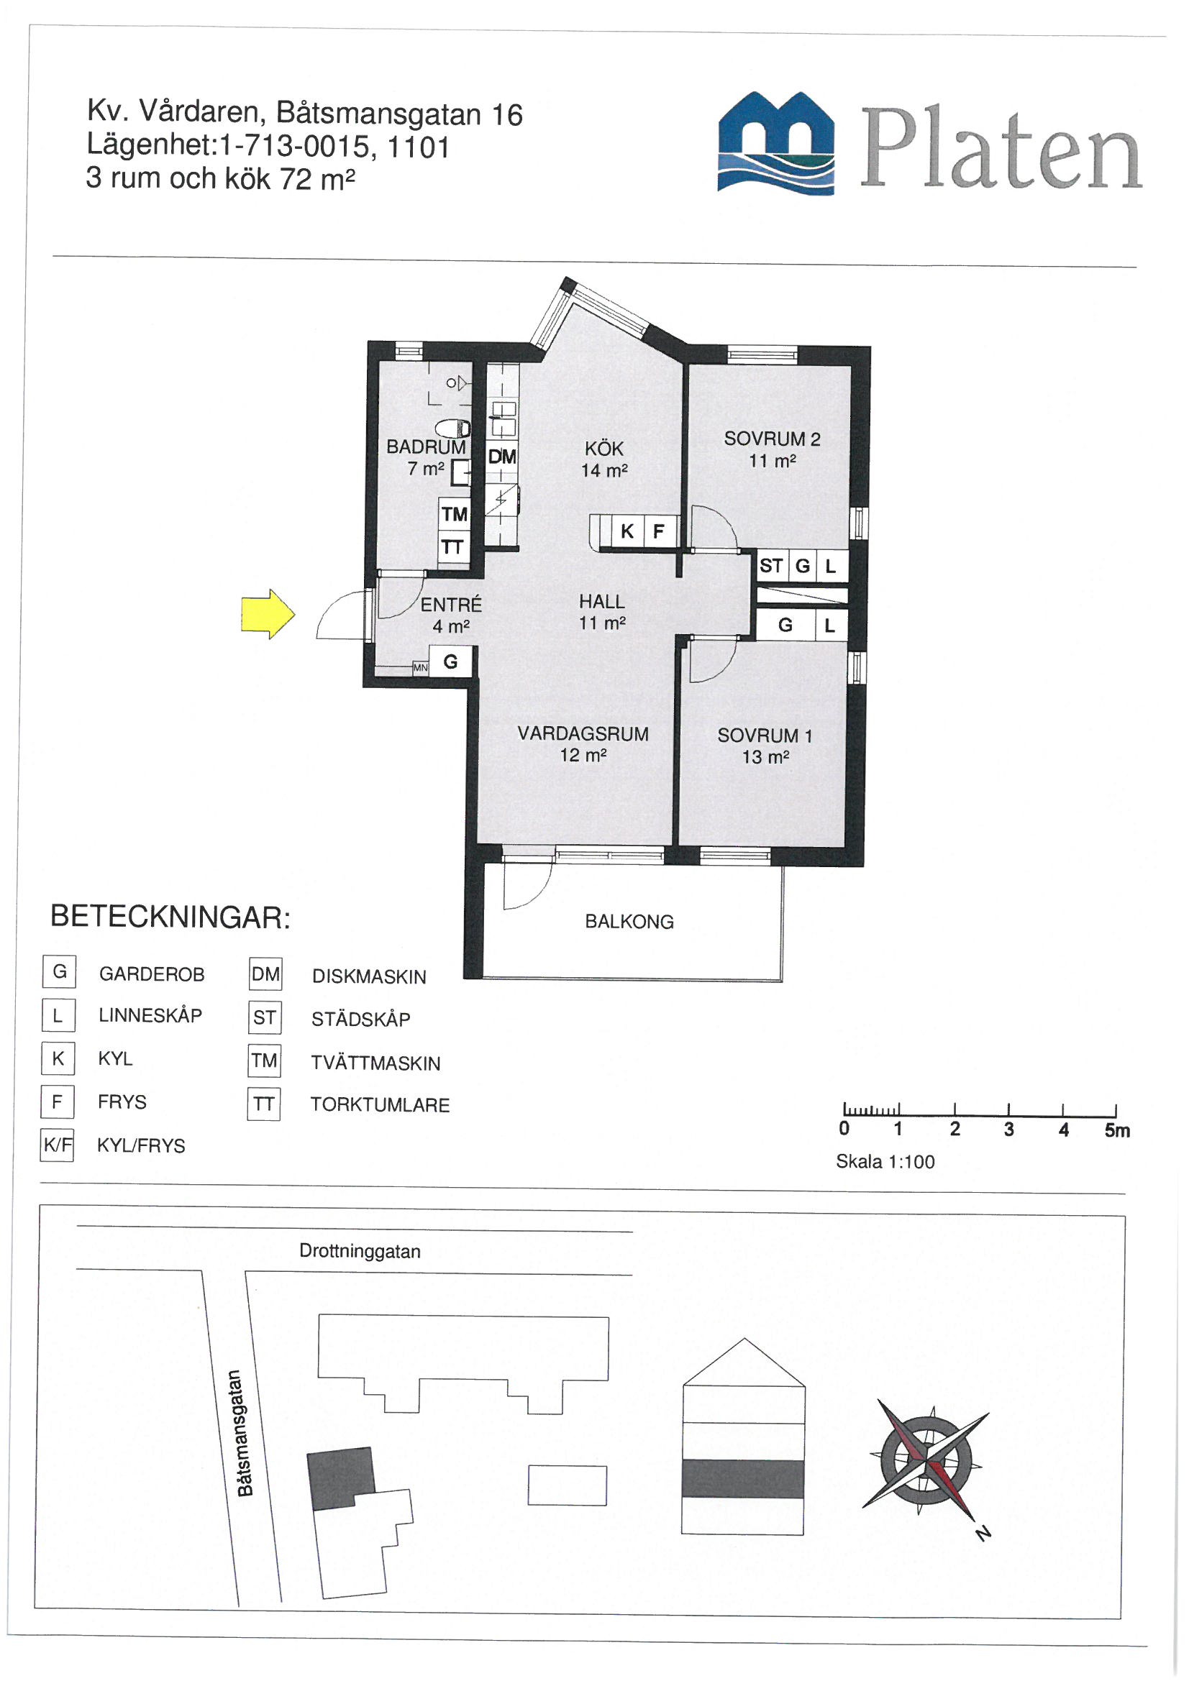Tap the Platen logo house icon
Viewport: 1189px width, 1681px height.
776,144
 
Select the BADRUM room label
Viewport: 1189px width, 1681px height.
426,446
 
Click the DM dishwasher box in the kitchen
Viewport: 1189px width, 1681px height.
502,457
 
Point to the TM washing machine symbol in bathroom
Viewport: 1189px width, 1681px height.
454,514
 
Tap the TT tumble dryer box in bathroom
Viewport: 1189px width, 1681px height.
452,547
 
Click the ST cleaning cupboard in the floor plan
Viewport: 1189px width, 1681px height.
770,565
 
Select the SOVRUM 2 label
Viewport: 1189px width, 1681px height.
771,439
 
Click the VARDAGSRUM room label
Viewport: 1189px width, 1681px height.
583,733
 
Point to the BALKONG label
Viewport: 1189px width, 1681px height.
629,922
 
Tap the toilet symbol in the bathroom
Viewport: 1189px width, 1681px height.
451,429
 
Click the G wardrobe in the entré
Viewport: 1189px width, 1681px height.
450,662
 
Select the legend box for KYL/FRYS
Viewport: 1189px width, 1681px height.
57,1145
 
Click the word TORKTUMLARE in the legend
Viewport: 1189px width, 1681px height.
380,1105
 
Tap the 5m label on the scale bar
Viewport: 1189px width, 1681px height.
1116,1130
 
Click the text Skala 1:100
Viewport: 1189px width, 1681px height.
885,1162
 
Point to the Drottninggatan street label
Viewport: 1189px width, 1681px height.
360,1251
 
